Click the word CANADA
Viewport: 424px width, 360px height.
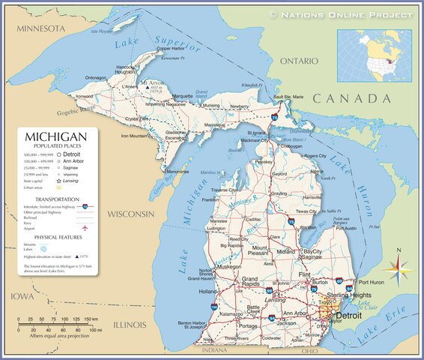(x=352, y=99)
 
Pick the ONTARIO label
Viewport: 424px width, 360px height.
(x=299, y=60)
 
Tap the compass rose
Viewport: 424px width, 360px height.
(x=399, y=267)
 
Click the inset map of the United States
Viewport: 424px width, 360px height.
(x=374, y=55)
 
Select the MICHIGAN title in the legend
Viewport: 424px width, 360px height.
(x=56, y=137)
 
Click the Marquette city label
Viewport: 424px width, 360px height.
(x=183, y=97)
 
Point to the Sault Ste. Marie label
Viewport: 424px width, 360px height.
(x=288, y=97)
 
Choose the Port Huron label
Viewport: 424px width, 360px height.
(x=372, y=283)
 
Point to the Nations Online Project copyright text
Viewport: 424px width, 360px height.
(x=340, y=14)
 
